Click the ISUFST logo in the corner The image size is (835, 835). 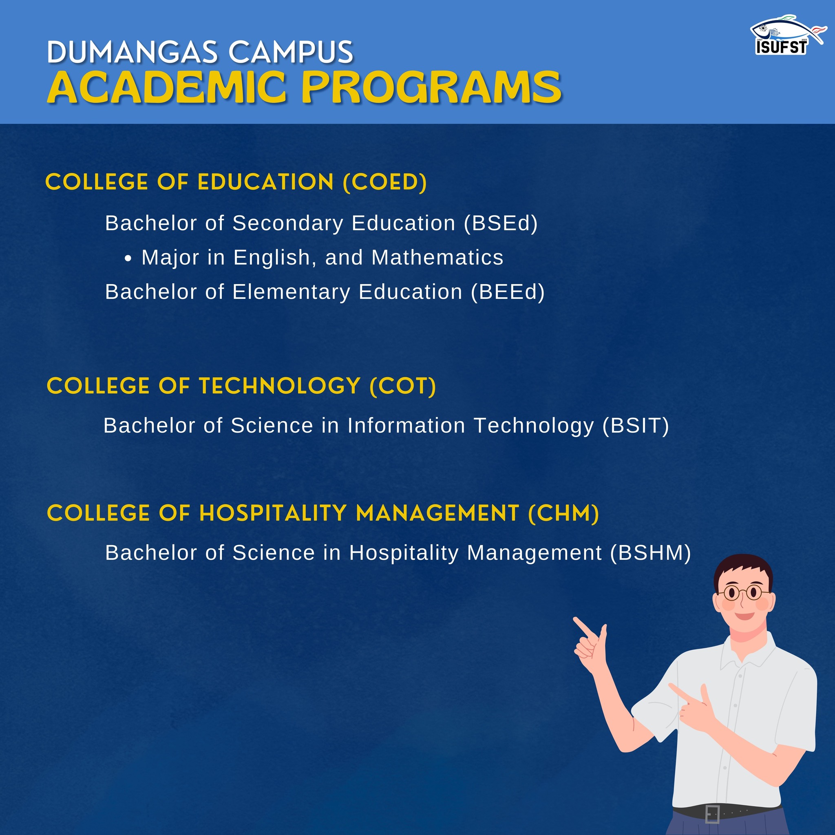pos(786,35)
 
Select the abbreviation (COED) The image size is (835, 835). pos(384,182)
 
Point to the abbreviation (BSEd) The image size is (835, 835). pos(501,223)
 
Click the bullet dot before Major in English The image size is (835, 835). pos(128,259)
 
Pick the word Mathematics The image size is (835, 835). pos(437,258)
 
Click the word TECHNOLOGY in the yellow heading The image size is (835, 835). pos(280,386)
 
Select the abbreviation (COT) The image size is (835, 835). pos(403,386)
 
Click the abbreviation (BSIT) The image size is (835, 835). pos(636,426)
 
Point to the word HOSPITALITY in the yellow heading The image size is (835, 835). pos(273,513)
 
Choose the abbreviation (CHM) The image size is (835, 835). pos(563,513)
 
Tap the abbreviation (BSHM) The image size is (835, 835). pos(650,553)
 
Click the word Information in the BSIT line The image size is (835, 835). pos(406,426)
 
